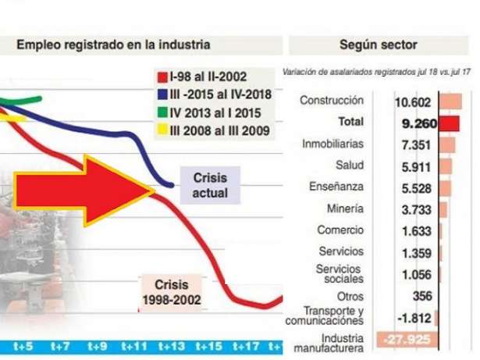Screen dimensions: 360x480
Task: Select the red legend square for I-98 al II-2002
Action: tap(163, 77)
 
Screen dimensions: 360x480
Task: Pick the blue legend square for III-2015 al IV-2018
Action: tap(163, 94)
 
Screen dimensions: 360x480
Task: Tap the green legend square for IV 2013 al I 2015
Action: tap(163, 112)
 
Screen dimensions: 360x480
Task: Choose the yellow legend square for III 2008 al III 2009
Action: tap(163, 130)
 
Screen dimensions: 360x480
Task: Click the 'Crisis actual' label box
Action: tap(209, 186)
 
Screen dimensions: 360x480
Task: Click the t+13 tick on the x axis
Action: tap(171, 345)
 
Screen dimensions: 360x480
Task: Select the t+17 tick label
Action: tap(244, 345)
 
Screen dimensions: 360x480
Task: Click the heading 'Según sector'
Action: tap(379, 45)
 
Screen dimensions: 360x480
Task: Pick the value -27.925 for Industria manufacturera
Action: tap(407, 340)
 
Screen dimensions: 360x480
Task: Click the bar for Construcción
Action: tap(450, 102)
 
